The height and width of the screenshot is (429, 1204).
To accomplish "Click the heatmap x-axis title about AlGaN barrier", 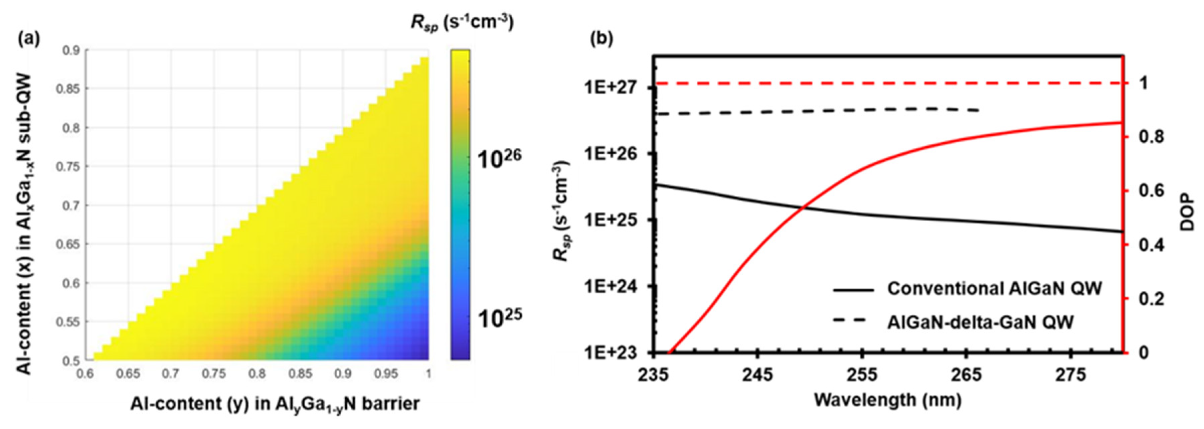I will pyautogui.click(x=275, y=403).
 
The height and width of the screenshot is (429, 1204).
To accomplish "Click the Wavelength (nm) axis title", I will pyautogui.click(x=887, y=400).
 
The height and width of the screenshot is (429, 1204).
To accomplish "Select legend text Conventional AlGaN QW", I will pyautogui.click(x=995, y=288).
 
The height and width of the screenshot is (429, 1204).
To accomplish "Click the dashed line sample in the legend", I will pyautogui.click(x=852, y=321).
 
